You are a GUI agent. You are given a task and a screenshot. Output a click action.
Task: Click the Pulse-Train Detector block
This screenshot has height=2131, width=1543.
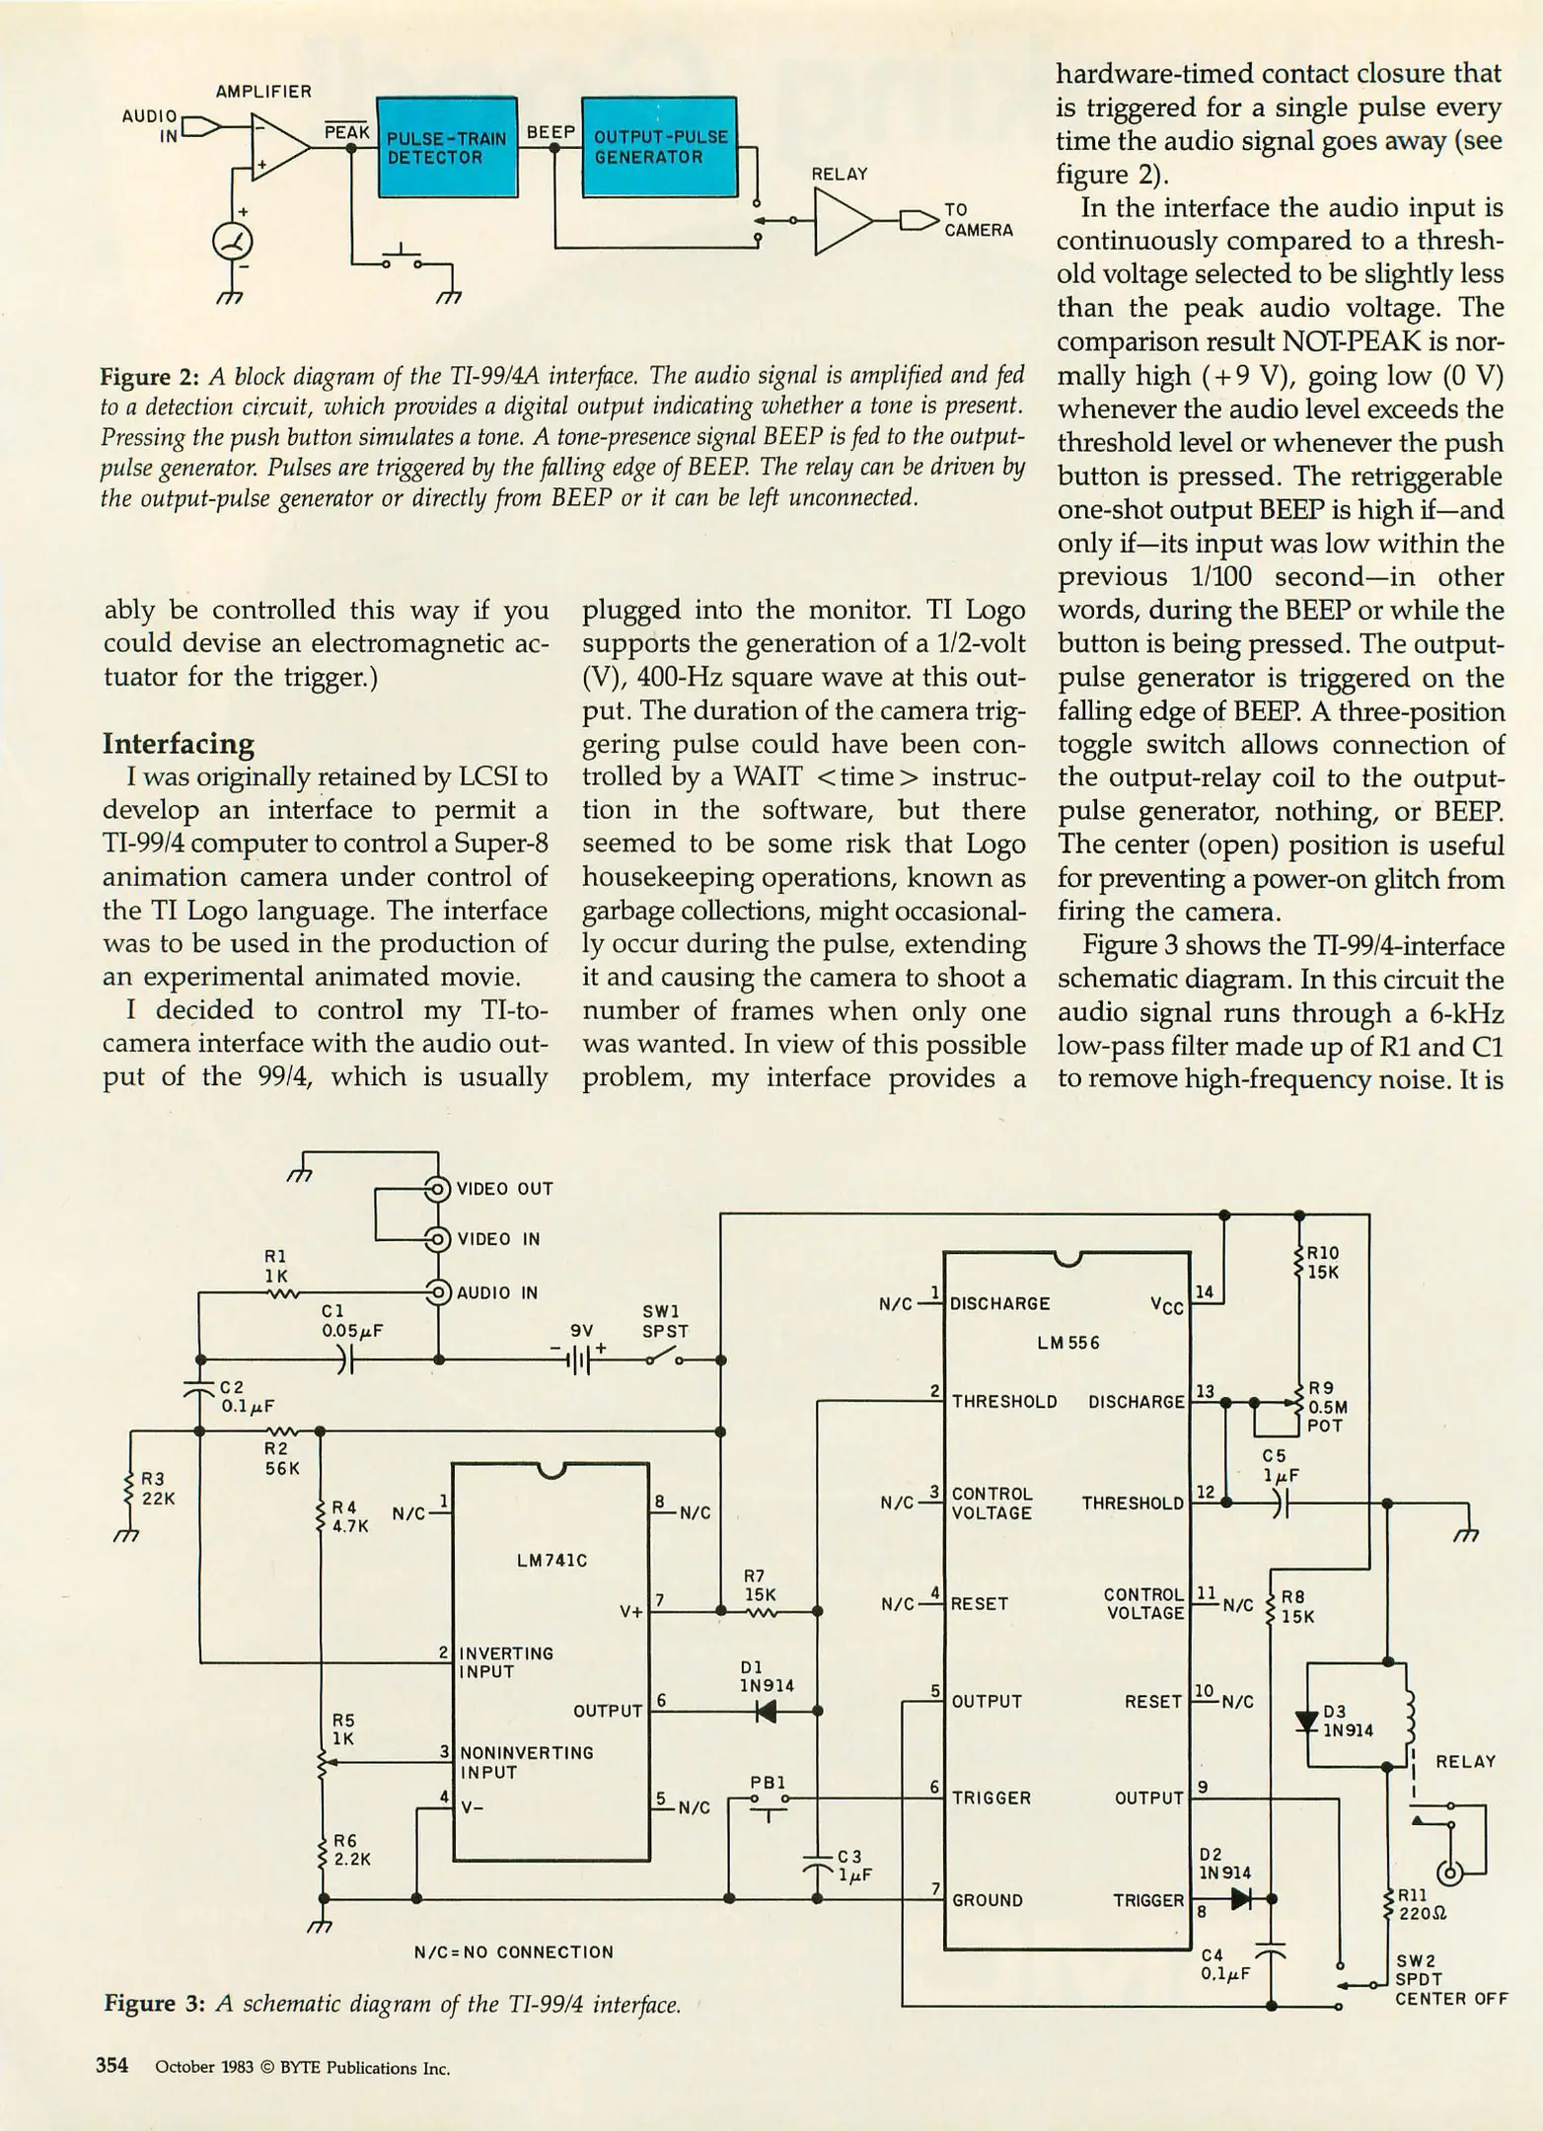tap(447, 147)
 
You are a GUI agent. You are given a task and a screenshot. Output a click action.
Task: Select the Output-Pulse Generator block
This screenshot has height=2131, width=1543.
tap(659, 147)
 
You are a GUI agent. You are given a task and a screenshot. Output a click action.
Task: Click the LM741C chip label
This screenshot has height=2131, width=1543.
tap(551, 1560)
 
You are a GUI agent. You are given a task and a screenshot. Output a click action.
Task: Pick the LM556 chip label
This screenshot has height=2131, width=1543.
tap(1067, 1343)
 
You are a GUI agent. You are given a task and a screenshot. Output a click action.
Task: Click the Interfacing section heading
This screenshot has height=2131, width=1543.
tap(179, 743)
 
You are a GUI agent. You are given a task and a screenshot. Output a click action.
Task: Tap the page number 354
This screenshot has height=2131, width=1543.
tap(111, 2065)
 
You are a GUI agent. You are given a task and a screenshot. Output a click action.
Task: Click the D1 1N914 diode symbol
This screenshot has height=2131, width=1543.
tap(766, 1711)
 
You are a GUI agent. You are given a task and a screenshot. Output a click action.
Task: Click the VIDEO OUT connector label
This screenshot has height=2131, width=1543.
tap(504, 1189)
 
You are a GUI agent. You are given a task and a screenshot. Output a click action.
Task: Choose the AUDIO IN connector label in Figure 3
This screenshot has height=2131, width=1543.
tap(497, 1292)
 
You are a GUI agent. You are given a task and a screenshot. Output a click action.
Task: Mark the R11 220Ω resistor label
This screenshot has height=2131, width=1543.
tap(1422, 1905)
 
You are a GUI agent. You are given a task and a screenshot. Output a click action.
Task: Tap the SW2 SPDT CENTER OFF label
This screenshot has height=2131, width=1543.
tap(1449, 1979)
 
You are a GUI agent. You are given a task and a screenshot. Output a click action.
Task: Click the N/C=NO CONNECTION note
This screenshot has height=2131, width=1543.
tap(513, 1952)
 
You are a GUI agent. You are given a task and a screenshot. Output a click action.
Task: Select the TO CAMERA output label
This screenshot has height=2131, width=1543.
tap(978, 220)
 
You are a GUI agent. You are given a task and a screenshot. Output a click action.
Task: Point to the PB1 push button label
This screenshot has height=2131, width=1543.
tap(768, 1783)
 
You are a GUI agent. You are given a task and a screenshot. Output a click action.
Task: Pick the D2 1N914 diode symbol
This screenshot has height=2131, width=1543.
tap(1241, 1898)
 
